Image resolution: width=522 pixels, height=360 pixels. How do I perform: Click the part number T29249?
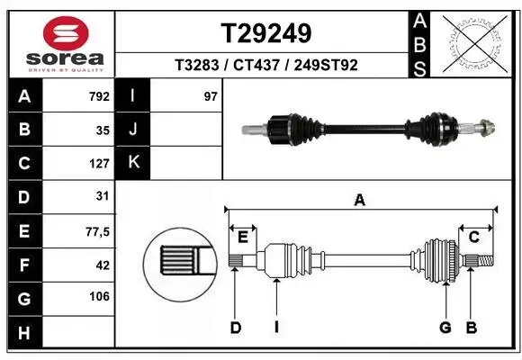click(265, 34)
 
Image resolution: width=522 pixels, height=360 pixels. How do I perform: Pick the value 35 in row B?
click(103, 130)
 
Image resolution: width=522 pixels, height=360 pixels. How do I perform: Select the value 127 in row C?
click(99, 164)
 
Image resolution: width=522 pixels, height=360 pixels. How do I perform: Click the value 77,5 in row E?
click(97, 231)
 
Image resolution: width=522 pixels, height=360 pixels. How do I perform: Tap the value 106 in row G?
click(99, 297)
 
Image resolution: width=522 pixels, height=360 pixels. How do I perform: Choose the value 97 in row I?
click(211, 96)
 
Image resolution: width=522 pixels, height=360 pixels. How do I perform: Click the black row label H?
click(23, 331)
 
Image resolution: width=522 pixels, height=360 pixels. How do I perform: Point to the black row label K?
click(133, 163)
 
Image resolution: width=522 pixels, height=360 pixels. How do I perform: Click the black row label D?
click(23, 197)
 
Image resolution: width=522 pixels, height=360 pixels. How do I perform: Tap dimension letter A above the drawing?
click(359, 202)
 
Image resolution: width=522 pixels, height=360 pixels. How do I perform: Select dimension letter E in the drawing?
click(243, 237)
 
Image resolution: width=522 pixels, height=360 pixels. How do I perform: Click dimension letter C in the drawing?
click(473, 237)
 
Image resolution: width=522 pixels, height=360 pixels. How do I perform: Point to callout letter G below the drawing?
click(445, 328)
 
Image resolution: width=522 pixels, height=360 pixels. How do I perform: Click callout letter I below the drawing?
click(276, 328)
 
